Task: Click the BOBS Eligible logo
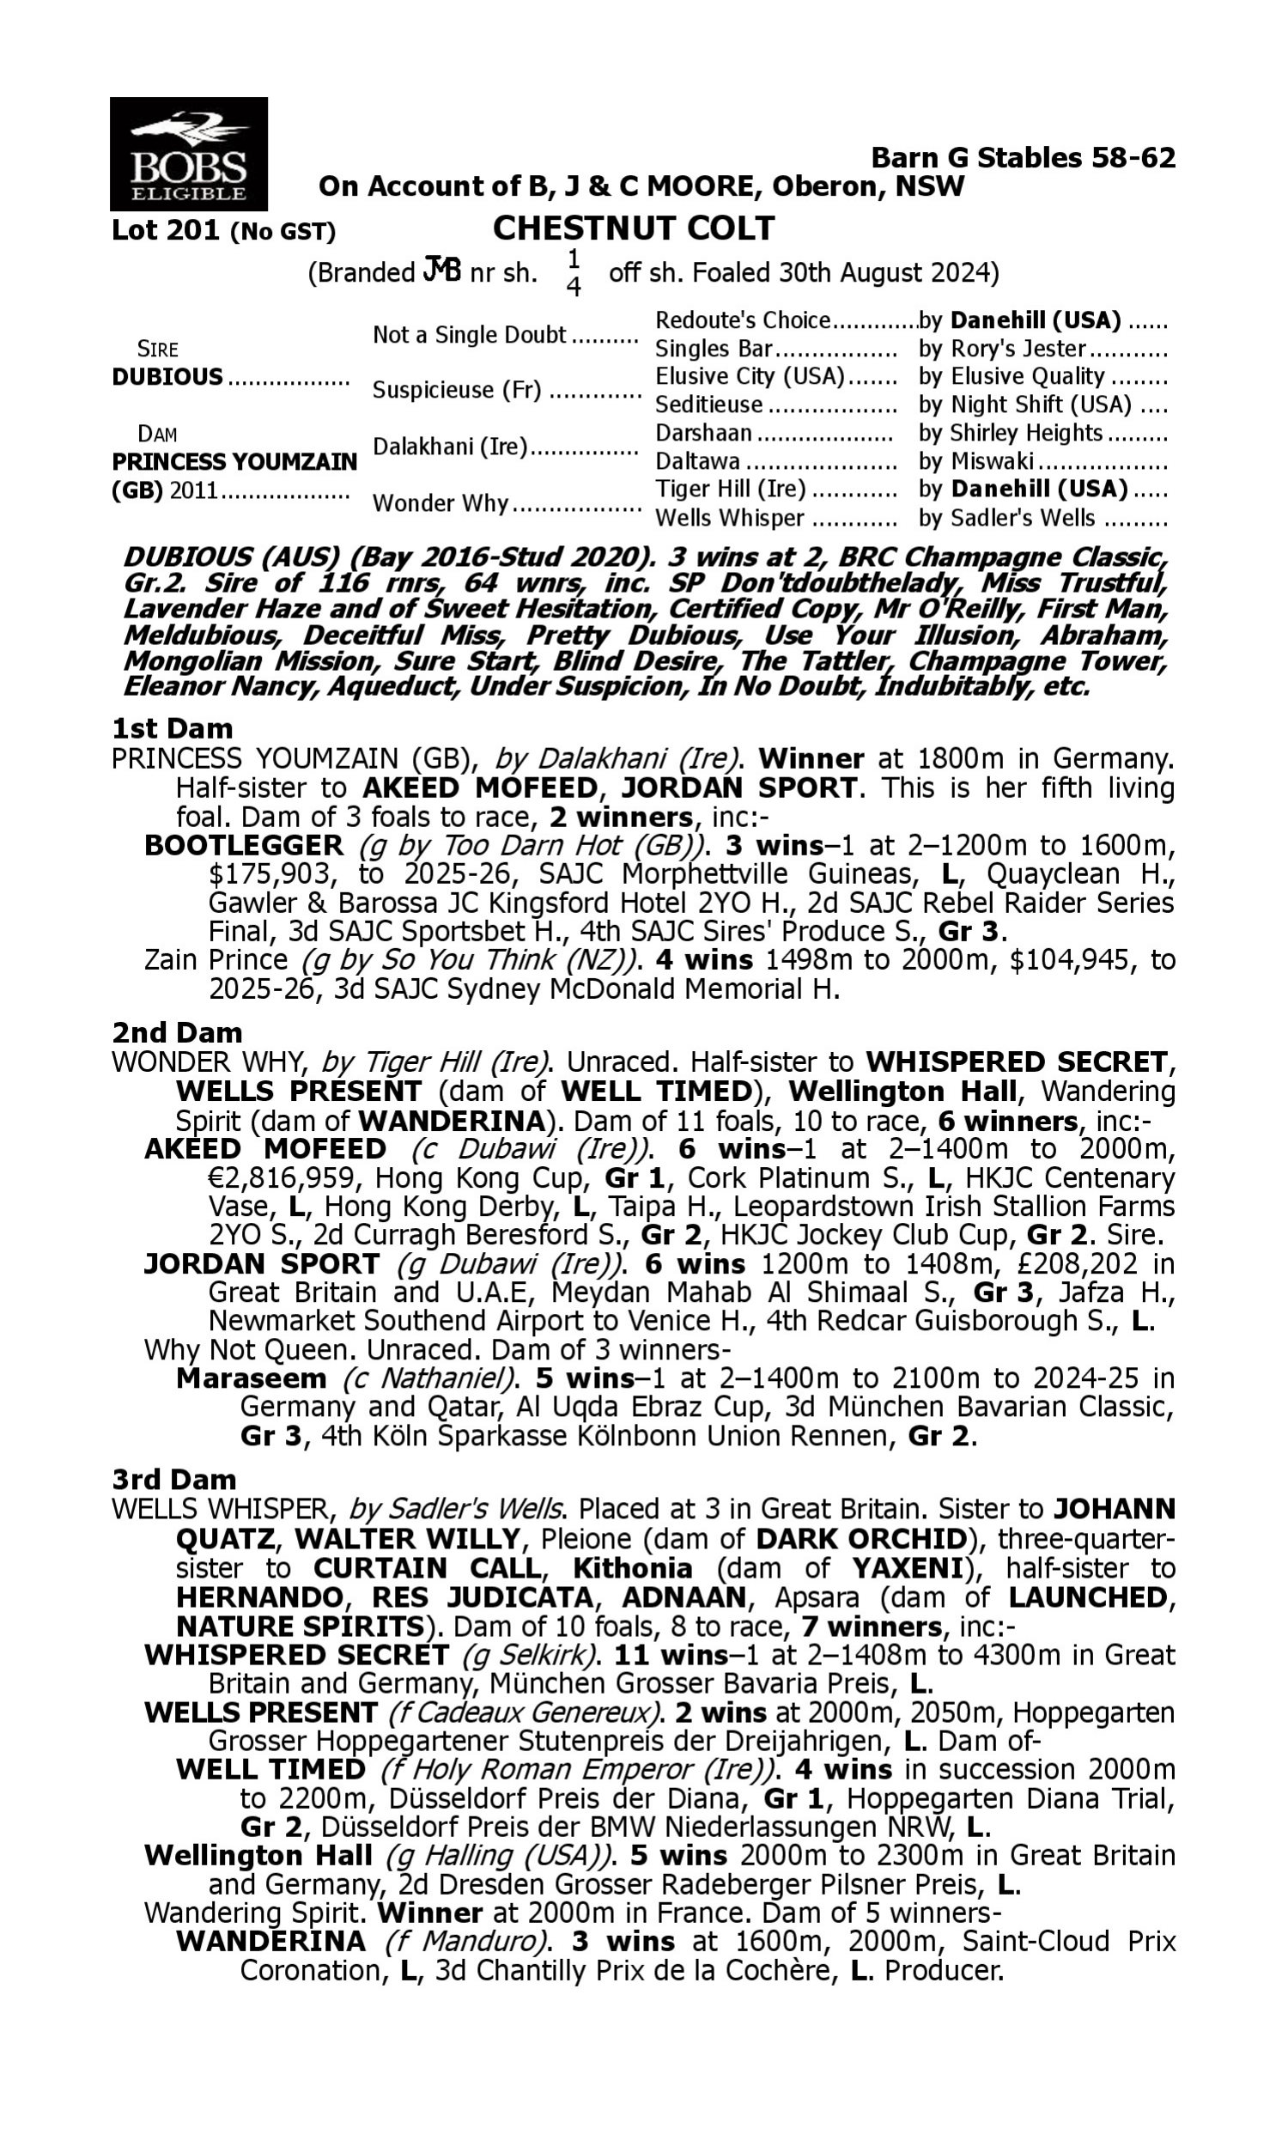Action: click(x=188, y=154)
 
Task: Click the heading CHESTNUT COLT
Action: click(x=634, y=228)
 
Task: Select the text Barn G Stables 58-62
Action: click(x=1023, y=157)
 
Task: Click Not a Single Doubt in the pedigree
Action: click(x=470, y=335)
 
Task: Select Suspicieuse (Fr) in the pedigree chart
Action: click(x=457, y=390)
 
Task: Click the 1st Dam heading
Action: click(x=172, y=728)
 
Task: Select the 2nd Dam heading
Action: click(x=176, y=1033)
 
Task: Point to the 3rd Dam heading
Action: click(x=173, y=1480)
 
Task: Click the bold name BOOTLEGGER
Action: click(x=244, y=845)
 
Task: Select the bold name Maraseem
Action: click(x=251, y=1378)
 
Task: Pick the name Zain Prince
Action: click(x=216, y=960)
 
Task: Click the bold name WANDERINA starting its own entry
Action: click(x=270, y=1942)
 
